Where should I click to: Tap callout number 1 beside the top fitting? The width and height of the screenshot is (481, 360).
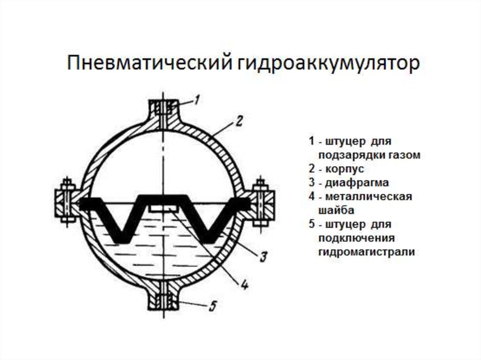point(197,100)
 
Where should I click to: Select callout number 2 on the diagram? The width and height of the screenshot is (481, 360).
point(238,123)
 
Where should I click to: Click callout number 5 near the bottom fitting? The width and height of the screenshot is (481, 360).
point(212,306)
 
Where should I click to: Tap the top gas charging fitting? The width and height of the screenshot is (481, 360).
point(163,113)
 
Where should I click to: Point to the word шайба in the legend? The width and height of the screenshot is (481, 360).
point(334,210)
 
